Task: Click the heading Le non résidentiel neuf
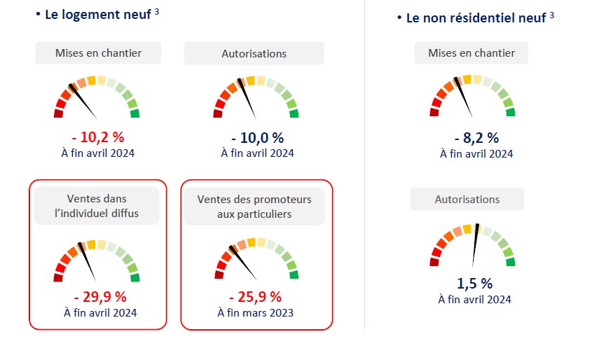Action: click(x=476, y=18)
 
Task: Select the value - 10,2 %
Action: click(x=97, y=137)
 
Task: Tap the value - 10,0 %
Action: click(x=257, y=137)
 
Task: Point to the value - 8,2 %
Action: click(x=476, y=138)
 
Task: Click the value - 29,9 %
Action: click(x=98, y=296)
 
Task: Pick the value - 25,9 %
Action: click(x=254, y=297)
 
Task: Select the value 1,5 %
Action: click(x=474, y=284)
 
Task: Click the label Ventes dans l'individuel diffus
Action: click(x=97, y=206)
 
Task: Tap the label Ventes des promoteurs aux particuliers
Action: click(x=254, y=206)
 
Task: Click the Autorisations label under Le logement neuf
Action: click(x=254, y=53)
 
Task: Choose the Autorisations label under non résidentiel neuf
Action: click(x=467, y=200)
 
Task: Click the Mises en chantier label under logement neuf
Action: click(x=98, y=53)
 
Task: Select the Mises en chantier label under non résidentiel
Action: click(x=471, y=53)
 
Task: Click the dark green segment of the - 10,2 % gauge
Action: click(x=135, y=113)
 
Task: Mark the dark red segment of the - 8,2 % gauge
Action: click(x=433, y=112)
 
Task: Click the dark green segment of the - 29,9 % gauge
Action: click(x=135, y=277)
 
